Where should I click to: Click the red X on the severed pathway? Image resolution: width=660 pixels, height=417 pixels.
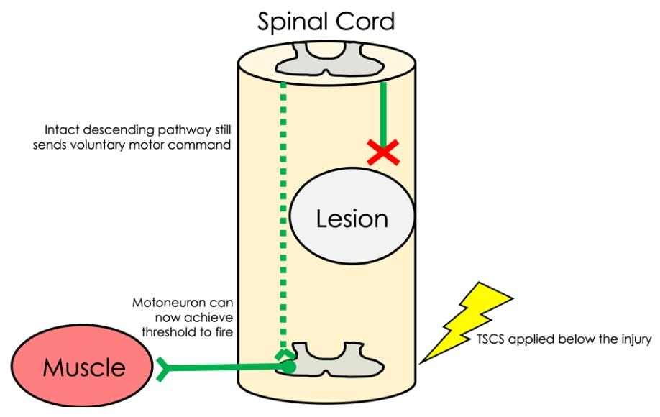pyautogui.click(x=383, y=152)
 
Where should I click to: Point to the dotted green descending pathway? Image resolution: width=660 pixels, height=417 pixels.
pyautogui.click(x=284, y=216)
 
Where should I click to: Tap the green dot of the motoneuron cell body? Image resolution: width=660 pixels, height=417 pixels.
pyautogui.click(x=288, y=365)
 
